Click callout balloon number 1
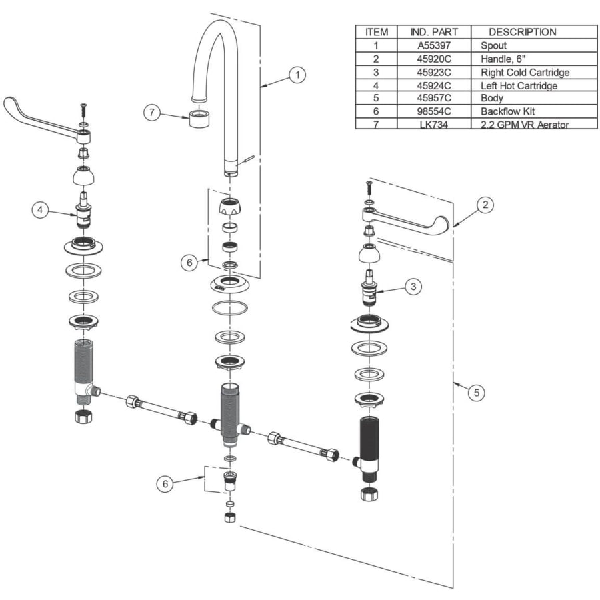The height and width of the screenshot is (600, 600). (x=297, y=75)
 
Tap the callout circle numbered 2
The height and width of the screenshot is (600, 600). (x=486, y=205)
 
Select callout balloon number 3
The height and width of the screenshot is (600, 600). (x=413, y=287)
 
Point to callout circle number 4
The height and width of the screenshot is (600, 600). (x=41, y=210)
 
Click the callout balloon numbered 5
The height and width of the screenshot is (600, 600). (x=476, y=393)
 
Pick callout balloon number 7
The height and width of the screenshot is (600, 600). (x=152, y=113)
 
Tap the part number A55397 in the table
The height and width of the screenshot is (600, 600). (x=433, y=45)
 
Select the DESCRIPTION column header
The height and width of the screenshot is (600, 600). (x=522, y=32)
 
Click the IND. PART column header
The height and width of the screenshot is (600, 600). (x=433, y=32)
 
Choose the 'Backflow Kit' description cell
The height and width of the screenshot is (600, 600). (x=507, y=111)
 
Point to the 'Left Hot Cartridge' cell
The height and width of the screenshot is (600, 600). (x=518, y=85)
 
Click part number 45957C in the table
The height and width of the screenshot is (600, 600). (x=433, y=98)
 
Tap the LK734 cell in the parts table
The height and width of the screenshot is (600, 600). (x=433, y=124)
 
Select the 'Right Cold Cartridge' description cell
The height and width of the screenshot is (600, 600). (x=525, y=72)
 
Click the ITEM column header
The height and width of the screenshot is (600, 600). (x=376, y=32)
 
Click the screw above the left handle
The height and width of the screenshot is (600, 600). (x=83, y=107)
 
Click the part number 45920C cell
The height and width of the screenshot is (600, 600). (x=433, y=59)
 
